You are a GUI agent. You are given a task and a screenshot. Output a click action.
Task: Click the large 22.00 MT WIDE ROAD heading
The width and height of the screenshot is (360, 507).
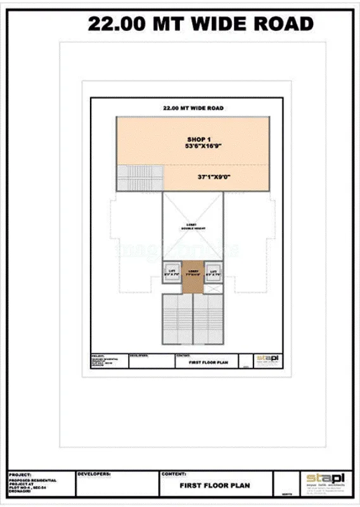pyautogui.click(x=200, y=24)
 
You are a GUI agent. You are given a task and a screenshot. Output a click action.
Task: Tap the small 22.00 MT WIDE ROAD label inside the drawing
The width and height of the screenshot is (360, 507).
pyautogui.click(x=193, y=108)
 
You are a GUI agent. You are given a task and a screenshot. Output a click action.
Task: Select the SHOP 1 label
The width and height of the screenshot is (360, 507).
pyautogui.click(x=198, y=139)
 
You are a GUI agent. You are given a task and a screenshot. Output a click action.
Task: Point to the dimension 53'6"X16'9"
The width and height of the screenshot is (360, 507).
pyautogui.click(x=203, y=146)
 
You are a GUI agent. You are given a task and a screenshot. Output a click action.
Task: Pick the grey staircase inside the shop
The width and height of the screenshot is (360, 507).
pyautogui.click(x=139, y=177)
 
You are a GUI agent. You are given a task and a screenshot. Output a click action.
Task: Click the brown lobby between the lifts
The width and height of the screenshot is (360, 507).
pyautogui.click(x=193, y=276)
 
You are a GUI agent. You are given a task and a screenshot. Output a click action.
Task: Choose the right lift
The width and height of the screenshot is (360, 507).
pyautogui.click(x=214, y=273)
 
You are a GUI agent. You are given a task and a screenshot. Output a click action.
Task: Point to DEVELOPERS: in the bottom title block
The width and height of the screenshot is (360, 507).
pyautogui.click(x=94, y=473)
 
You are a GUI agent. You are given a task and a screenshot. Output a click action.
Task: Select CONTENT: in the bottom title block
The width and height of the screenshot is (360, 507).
pyautogui.click(x=174, y=473)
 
